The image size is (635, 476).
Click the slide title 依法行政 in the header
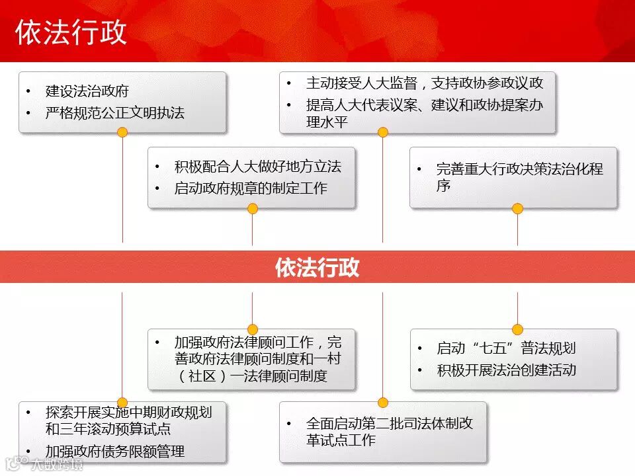71,32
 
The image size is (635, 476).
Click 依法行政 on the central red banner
317,267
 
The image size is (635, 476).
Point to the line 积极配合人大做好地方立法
258,167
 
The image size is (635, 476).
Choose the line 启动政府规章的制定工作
251,188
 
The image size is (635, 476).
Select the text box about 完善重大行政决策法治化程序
513,177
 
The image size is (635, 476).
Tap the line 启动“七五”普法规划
506,348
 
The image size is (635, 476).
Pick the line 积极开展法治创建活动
506,370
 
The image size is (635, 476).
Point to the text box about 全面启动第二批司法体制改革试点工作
382,432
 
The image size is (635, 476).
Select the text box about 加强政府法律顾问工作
251,359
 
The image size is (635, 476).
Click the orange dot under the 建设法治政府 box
122,132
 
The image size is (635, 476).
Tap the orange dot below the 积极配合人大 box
252,209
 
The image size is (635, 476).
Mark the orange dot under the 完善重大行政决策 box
517,209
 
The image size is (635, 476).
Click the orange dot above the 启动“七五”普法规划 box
517,329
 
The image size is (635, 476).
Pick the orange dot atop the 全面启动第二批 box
382,402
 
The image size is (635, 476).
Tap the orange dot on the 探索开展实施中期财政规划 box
122,402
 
